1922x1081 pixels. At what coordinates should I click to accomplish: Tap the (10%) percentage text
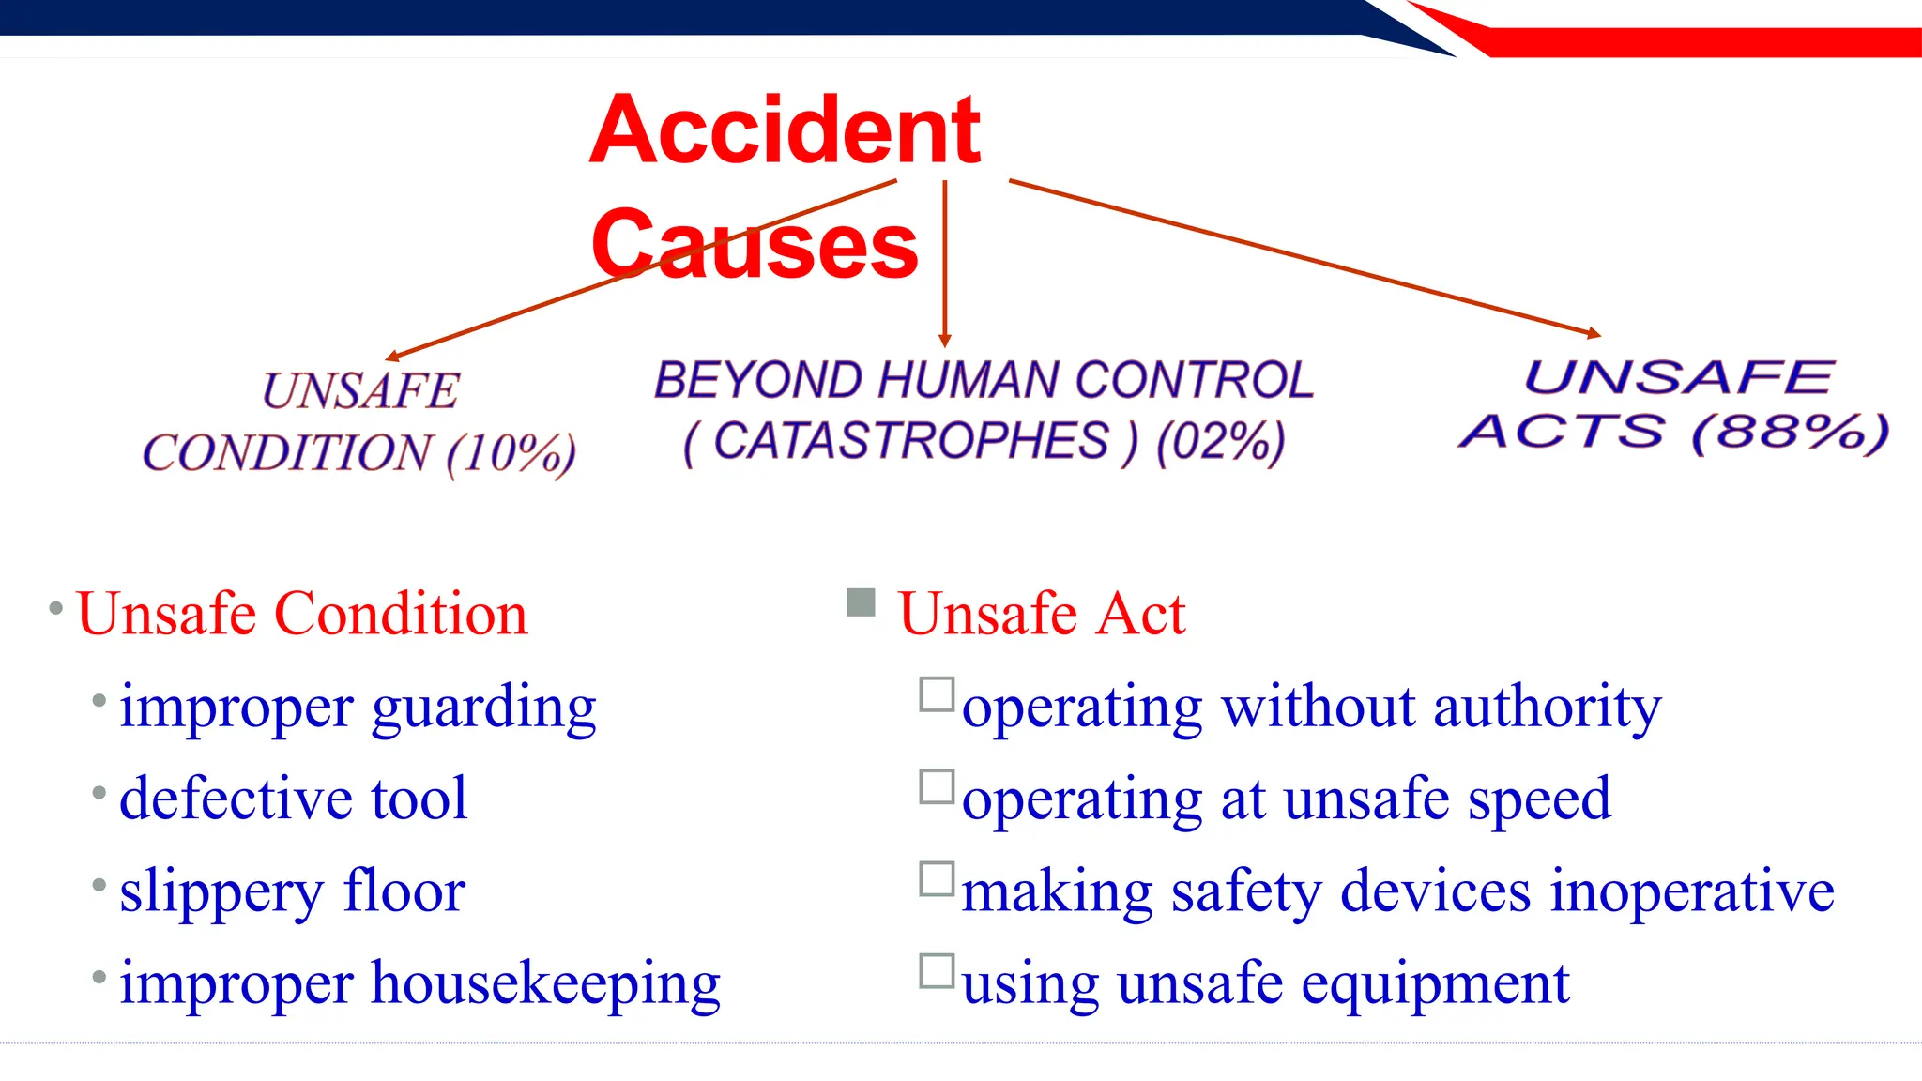pyautogui.click(x=511, y=454)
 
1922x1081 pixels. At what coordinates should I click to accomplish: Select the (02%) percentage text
pyautogui.click(x=1220, y=441)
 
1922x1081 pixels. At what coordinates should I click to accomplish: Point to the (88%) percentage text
pyautogui.click(x=1789, y=432)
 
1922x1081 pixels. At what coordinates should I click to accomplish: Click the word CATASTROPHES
pyautogui.click(x=910, y=441)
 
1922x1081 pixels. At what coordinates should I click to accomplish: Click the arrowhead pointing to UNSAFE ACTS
pyautogui.click(x=1594, y=333)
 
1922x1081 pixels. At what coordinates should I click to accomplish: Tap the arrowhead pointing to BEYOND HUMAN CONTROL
pyautogui.click(x=945, y=341)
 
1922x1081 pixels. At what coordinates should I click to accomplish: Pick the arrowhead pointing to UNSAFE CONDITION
pyautogui.click(x=393, y=357)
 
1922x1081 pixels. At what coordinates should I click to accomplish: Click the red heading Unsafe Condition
pyautogui.click(x=301, y=614)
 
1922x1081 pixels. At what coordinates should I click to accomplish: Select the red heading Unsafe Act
pyautogui.click(x=1042, y=614)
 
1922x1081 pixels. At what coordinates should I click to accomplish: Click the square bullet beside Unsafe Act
pyautogui.click(x=861, y=602)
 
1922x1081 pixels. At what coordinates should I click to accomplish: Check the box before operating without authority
pyautogui.click(x=937, y=694)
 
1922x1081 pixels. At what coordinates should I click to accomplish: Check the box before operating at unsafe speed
pyautogui.click(x=937, y=787)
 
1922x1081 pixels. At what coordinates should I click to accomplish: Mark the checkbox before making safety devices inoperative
pyautogui.click(x=937, y=879)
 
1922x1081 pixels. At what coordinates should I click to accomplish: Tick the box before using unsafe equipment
pyautogui.click(x=937, y=971)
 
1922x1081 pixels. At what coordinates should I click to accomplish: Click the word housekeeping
pyautogui.click(x=546, y=984)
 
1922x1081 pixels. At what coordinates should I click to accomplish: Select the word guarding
pyautogui.click(x=484, y=708)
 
